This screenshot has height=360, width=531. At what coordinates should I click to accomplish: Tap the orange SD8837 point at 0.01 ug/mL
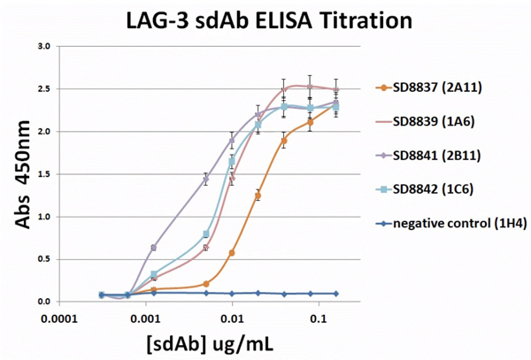(232, 253)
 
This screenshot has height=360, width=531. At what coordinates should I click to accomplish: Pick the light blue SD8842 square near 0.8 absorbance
(206, 234)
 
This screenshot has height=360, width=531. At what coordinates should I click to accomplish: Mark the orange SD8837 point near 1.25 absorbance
(258, 195)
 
